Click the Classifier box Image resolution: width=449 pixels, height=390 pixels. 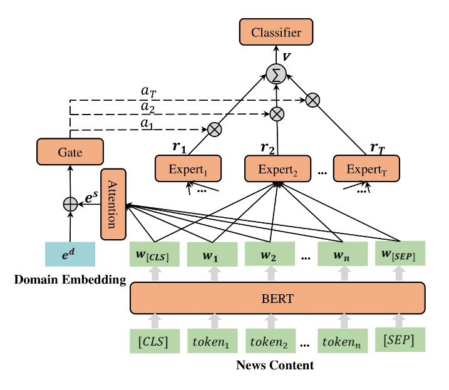pyautogui.click(x=276, y=32)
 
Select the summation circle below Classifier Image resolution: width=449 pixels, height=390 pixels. pyautogui.click(x=276, y=74)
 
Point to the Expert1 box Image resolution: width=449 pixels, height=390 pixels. pyautogui.click(x=188, y=168)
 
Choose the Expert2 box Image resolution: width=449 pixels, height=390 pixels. pyautogui.click(x=277, y=168)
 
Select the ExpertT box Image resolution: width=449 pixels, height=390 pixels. pyautogui.click(x=366, y=168)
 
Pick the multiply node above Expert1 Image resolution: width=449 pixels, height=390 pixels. pyautogui.click(x=215, y=130)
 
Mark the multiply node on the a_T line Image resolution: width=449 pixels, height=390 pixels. pyautogui.click(x=312, y=98)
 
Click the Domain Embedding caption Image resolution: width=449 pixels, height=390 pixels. pyautogui.click(x=70, y=279)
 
